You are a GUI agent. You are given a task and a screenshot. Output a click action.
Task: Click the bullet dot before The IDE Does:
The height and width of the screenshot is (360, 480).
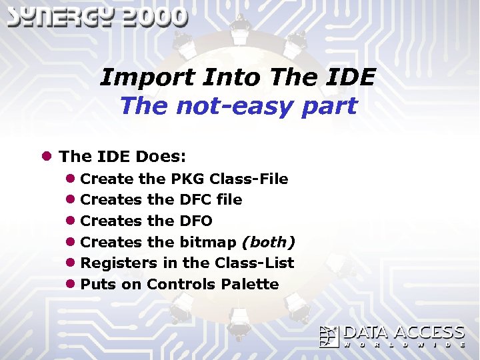click(x=47, y=157)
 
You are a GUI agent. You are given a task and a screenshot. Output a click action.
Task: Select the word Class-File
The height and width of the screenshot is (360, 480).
click(x=249, y=179)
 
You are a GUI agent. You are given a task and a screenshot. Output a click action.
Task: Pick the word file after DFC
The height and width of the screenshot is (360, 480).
click(x=229, y=200)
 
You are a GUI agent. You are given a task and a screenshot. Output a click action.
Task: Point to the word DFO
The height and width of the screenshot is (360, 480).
click(x=196, y=221)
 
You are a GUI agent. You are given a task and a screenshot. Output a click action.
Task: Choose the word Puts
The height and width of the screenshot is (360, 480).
click(x=98, y=284)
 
